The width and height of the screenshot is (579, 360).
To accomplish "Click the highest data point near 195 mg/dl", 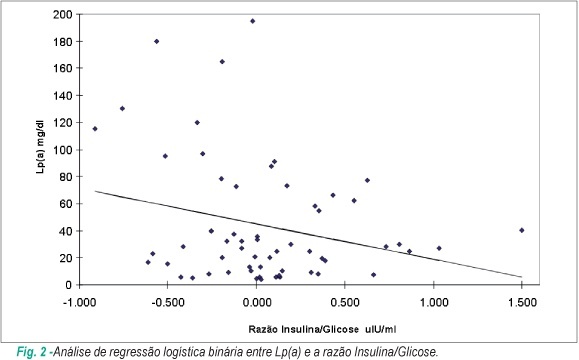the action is (253, 21).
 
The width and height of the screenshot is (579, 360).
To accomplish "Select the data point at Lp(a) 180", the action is (157, 41).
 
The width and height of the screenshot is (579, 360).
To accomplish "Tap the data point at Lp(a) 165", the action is (222, 61).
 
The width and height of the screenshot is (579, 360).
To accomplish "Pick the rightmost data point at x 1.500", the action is (521, 230).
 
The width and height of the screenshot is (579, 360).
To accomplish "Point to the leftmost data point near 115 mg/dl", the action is (95, 129).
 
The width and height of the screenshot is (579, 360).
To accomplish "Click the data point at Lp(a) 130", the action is (122, 109).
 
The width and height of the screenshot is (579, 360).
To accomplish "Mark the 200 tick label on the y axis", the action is (64, 14).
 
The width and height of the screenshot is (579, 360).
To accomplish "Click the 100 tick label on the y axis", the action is (64, 150).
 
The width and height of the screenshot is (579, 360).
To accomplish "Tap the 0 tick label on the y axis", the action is (69, 285).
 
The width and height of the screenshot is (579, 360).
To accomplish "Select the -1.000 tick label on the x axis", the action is (80, 302).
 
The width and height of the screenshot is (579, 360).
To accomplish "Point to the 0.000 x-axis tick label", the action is (256, 302).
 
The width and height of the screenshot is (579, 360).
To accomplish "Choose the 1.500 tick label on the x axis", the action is (521, 302).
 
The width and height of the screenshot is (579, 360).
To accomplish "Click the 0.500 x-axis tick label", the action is (345, 302).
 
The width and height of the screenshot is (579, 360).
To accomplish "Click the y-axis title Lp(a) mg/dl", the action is (41, 147).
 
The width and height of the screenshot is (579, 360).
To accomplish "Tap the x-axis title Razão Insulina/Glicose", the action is (304, 329).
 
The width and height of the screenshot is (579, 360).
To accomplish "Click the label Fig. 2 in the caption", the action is (31, 352).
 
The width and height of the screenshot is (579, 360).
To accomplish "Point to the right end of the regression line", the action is (521, 277).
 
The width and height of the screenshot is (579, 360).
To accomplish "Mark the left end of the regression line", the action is (95, 191).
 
